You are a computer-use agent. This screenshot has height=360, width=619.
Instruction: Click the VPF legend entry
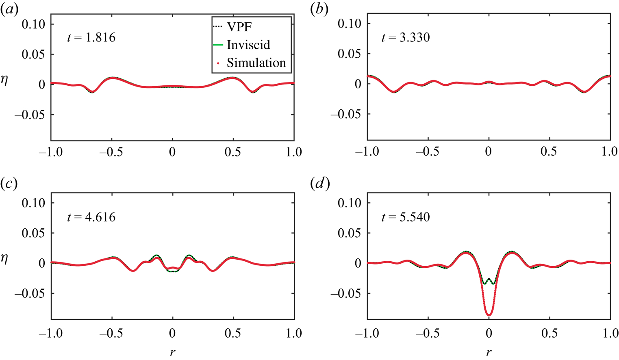[239, 28]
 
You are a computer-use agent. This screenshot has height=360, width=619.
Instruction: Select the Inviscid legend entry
[248, 45]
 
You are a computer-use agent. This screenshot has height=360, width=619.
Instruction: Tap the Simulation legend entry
[256, 63]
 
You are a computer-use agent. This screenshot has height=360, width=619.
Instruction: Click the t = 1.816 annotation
[91, 38]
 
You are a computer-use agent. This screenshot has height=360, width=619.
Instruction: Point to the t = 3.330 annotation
[406, 38]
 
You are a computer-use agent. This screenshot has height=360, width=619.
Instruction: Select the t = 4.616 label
[91, 217]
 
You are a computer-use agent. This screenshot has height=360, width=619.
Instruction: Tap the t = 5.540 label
[406, 217]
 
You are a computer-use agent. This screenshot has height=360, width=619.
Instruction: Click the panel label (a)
[9, 10]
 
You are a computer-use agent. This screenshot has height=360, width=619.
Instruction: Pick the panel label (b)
[320, 10]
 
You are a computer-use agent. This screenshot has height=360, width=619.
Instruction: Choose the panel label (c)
[9, 184]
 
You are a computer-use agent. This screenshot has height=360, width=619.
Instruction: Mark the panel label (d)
[320, 184]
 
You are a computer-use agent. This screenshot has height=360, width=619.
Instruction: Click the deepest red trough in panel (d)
[489, 314]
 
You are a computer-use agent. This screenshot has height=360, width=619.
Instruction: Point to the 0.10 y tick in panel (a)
[34, 24]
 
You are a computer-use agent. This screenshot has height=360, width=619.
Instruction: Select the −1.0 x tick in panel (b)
[367, 152]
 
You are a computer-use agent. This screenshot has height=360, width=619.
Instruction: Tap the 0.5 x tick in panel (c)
[233, 334]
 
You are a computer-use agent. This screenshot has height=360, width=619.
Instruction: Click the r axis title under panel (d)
[489, 352]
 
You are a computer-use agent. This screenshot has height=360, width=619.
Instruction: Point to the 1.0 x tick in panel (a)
[294, 152]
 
